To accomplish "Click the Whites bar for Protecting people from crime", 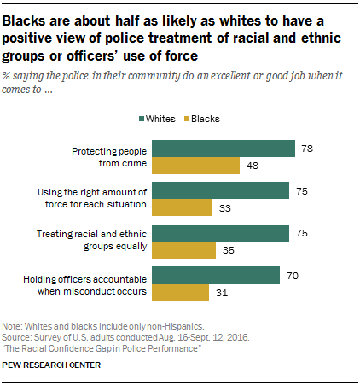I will point(232,149).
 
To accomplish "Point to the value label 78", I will point(308,149).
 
